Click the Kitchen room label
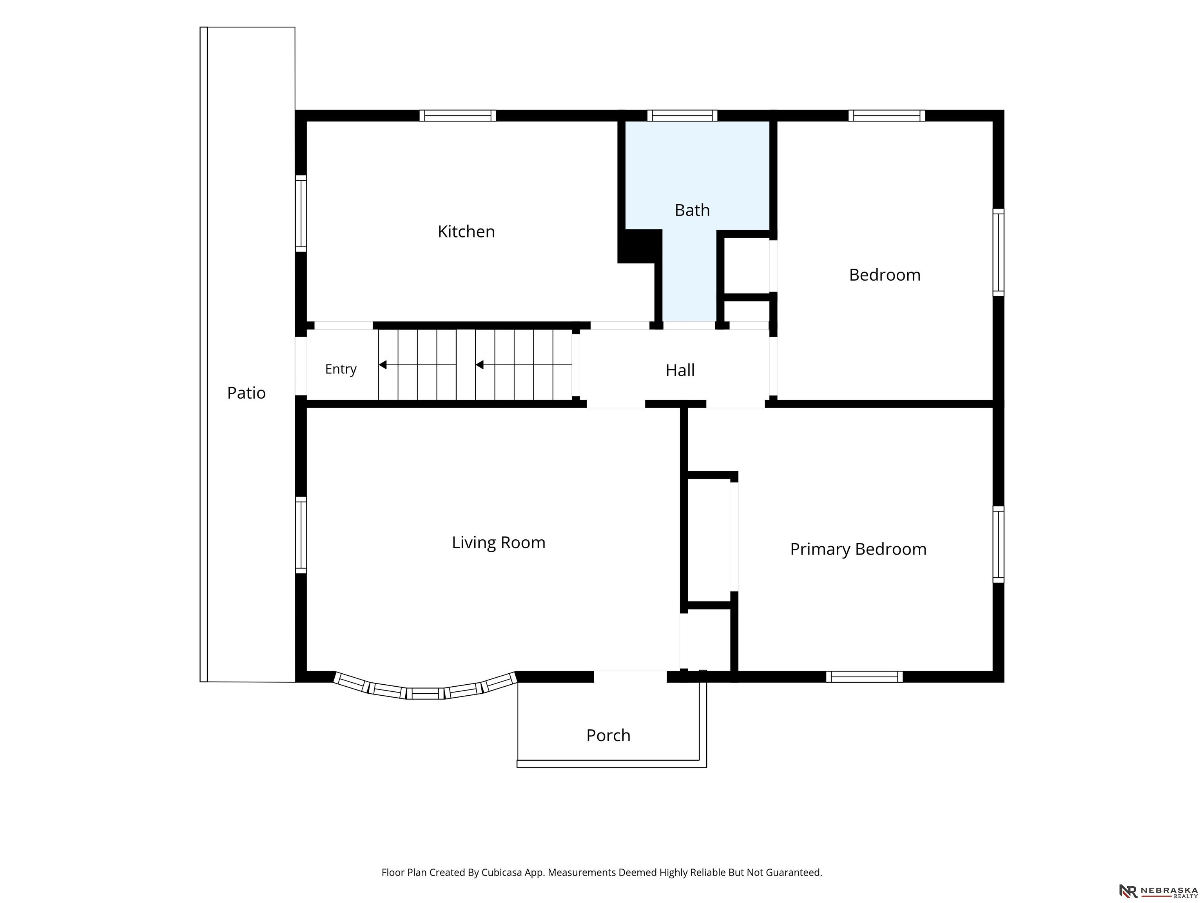point(466,232)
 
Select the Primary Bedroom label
point(858,549)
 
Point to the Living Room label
point(498,543)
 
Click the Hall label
point(680,370)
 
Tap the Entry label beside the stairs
point(341,369)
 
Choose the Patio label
point(246,393)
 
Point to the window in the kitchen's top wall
point(457,115)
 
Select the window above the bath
point(682,115)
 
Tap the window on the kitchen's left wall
point(301,213)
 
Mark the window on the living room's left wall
point(301,535)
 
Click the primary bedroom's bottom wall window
point(864,676)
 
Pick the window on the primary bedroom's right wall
point(998,544)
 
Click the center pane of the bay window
point(425,693)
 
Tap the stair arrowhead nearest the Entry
point(383,364)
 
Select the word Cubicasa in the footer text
point(501,872)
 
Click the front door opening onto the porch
point(630,676)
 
